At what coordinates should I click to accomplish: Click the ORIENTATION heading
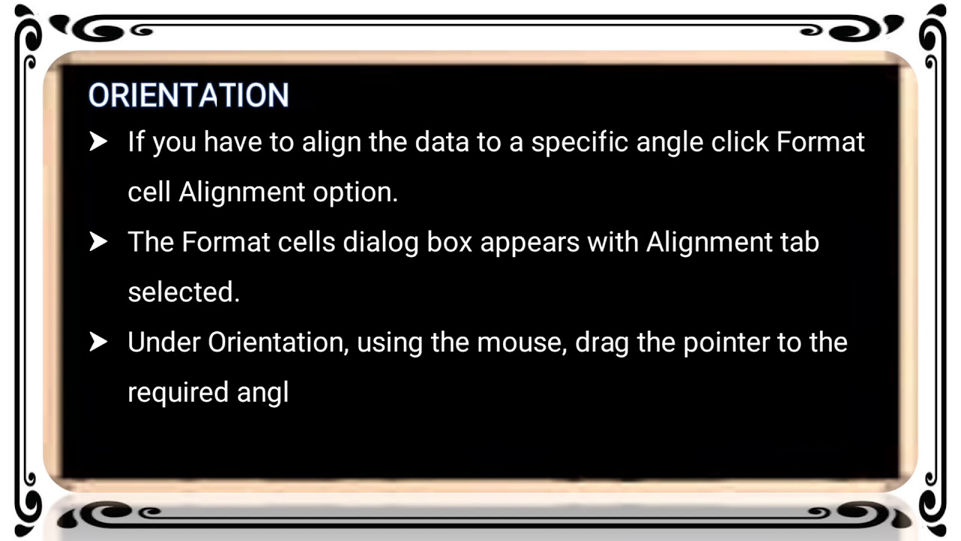[x=188, y=95]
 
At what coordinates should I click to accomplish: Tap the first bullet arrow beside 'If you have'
[x=98, y=142]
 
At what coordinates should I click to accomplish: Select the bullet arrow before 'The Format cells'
[x=98, y=242]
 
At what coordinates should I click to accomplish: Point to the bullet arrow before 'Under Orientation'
[x=98, y=342]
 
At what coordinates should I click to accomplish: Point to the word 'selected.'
[x=183, y=292]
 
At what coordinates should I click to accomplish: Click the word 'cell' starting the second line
[x=149, y=192]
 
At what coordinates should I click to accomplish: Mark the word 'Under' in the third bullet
[x=164, y=342]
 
